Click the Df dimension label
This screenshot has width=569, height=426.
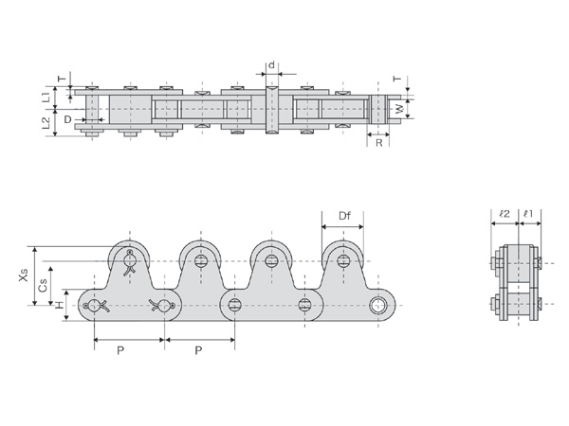point(344,216)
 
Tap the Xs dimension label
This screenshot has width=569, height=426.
point(23,275)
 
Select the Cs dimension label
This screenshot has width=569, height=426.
point(43,286)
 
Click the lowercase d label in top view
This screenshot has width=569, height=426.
point(271,65)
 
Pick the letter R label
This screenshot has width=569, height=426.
point(378,143)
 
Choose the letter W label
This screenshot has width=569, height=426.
point(399,109)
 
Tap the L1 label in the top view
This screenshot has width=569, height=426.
point(46,97)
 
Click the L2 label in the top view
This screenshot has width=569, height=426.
point(46,123)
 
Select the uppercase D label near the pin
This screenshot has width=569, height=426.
point(68,119)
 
